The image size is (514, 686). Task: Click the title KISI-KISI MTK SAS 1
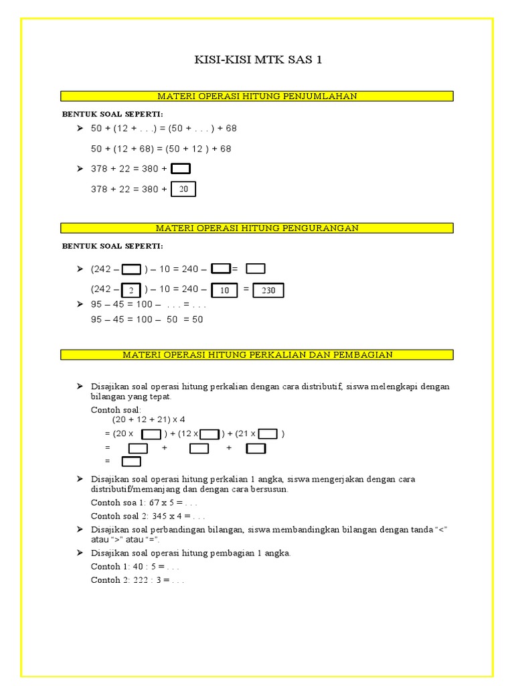pos(258,60)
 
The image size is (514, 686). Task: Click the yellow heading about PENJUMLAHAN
pos(257,96)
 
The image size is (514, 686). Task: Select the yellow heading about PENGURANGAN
pos(257,228)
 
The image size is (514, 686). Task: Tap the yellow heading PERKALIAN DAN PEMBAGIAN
pos(257,354)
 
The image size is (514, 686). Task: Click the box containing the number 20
pos(183,190)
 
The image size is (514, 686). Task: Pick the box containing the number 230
pos(268,290)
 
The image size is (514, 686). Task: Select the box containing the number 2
pos(132,290)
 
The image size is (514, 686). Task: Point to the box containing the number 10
pos(224,290)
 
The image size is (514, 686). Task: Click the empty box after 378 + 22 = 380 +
pos(181,169)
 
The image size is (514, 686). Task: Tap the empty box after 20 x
pos(152,434)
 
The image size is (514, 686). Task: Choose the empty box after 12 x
pos(209,434)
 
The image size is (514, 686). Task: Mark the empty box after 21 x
pos(268,434)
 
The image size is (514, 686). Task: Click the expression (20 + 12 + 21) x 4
pos(149,419)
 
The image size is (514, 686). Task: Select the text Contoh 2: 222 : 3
pos(137,580)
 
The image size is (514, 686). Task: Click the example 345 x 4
pos(148,516)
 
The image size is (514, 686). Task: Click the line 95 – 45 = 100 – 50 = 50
pos(147,320)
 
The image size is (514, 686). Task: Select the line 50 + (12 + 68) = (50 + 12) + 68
pos(161,149)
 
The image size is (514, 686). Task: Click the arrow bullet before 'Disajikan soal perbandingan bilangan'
pos(79,529)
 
